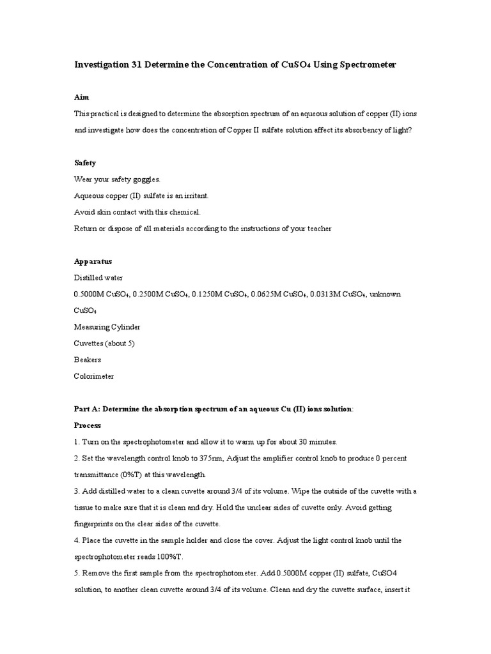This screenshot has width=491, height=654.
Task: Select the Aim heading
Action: [81, 97]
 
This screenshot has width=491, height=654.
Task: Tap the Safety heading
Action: [85, 163]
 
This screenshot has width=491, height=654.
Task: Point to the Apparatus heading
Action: [93, 261]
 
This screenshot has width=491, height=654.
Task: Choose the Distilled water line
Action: [98, 278]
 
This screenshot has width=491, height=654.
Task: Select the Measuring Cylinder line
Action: [107, 327]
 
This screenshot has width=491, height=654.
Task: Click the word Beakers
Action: [88, 360]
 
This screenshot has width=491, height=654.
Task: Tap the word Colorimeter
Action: [94, 376]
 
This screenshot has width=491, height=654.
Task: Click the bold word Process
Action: [88, 425]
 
